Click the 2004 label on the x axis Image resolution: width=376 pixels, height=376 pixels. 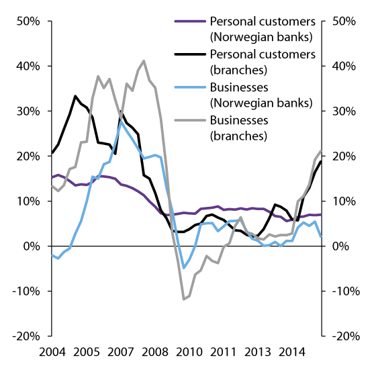coord(52,352)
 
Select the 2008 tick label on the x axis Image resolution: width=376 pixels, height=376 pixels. coord(154,352)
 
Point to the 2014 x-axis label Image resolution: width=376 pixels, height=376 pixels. coord(291,352)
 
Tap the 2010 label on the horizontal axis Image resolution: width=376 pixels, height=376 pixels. coord(189,352)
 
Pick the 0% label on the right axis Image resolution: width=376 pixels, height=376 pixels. coord(340,246)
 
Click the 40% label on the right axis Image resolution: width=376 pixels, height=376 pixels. coord(344,66)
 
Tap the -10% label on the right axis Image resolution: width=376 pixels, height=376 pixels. coord(345,291)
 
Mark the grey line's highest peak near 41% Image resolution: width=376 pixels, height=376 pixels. coord(144,61)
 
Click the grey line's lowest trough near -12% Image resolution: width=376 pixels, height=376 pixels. coord(184,299)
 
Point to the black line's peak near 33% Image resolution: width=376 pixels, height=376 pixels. coord(75,96)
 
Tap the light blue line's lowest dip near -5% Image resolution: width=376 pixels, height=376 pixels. coord(184,268)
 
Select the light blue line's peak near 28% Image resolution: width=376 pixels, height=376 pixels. coord(120,121)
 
